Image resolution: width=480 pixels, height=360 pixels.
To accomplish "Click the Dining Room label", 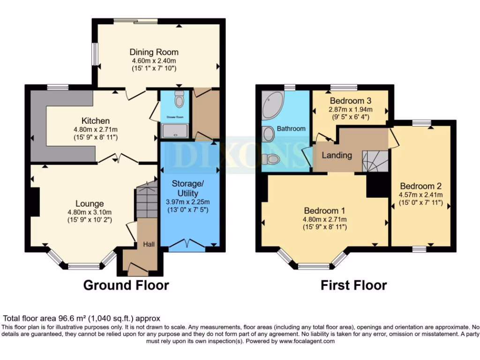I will click(x=154, y=52).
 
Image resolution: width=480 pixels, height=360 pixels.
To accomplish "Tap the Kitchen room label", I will click(x=96, y=121).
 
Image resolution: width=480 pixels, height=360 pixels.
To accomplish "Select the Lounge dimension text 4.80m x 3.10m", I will click(x=90, y=212).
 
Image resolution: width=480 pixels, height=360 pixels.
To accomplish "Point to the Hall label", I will click(x=149, y=244).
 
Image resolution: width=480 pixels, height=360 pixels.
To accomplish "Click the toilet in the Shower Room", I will click(x=179, y=99).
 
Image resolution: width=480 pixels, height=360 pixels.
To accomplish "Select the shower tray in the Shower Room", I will click(x=174, y=130).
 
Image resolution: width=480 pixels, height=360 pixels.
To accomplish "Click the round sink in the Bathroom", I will click(x=269, y=135).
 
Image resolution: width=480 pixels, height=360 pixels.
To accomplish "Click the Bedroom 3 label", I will click(x=351, y=101).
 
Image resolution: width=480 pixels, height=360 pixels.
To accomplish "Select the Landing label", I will click(x=337, y=155).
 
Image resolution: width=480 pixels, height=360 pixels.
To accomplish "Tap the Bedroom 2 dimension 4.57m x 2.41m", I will click(x=420, y=195).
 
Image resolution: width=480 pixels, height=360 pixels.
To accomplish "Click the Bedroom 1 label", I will click(x=325, y=210).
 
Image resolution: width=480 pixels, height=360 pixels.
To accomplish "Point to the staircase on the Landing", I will click(x=375, y=161).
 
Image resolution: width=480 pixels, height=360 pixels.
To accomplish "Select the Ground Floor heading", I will click(x=126, y=285).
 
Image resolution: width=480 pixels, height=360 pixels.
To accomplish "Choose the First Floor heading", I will click(x=353, y=285).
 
